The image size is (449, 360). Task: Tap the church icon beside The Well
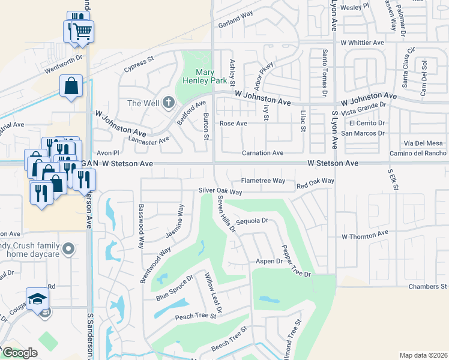[x=169, y=103]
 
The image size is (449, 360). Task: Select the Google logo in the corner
[x=20, y=353]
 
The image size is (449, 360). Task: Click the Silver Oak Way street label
[x=220, y=191]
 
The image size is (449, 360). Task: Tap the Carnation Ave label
[x=262, y=153]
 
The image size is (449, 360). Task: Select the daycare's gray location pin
[x=69, y=248]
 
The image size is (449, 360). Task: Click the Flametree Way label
[x=263, y=180]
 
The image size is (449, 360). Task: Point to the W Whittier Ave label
[x=361, y=43]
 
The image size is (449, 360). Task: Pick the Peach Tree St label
[x=195, y=316]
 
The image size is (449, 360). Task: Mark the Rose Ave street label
[x=234, y=124]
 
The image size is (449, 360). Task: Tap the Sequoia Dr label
[x=252, y=221]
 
